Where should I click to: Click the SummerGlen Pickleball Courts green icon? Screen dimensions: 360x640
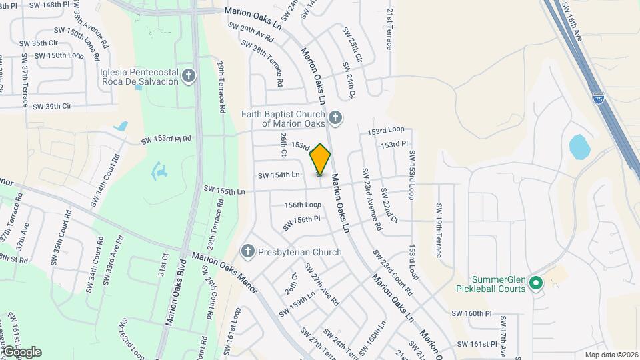tap(535, 285)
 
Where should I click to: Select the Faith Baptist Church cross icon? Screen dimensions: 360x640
tap(335, 118)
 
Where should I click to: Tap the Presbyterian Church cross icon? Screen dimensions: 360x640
tap(248, 252)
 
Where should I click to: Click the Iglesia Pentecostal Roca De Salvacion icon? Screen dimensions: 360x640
tap(189, 76)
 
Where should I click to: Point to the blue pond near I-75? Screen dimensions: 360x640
tap(579, 147)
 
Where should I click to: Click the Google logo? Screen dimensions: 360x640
tap(21, 351)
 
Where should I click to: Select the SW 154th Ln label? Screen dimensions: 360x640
tap(279, 175)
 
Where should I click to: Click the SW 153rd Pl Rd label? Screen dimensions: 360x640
tap(166, 140)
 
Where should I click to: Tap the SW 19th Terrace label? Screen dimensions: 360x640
tap(439, 230)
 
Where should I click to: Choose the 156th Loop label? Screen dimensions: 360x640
tap(303, 205)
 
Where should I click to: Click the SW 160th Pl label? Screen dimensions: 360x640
tap(471, 313)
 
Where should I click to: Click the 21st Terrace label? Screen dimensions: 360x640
tap(390, 29)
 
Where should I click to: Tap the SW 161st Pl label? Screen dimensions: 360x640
tap(477, 344)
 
